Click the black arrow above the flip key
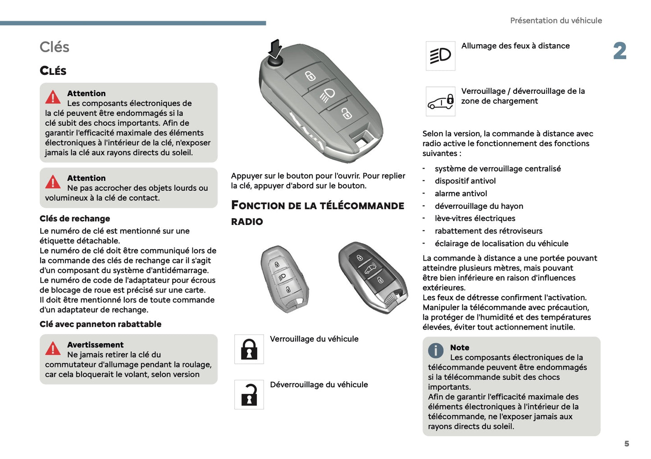[275, 48]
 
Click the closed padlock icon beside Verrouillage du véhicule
[249, 349]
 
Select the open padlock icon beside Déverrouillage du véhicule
[249, 395]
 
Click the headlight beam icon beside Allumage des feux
[440, 56]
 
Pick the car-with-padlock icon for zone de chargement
[440, 101]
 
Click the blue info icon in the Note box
[436, 350]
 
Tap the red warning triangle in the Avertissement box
[53, 348]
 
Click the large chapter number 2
[619, 51]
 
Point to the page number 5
[626, 444]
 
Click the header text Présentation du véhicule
[555, 21]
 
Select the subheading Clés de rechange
[75, 219]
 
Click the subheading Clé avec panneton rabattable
[100, 324]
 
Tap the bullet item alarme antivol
[460, 193]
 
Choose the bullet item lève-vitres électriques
[474, 218]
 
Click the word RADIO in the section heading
[247, 221]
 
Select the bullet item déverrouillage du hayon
[478, 206]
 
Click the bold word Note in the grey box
[460, 348]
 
